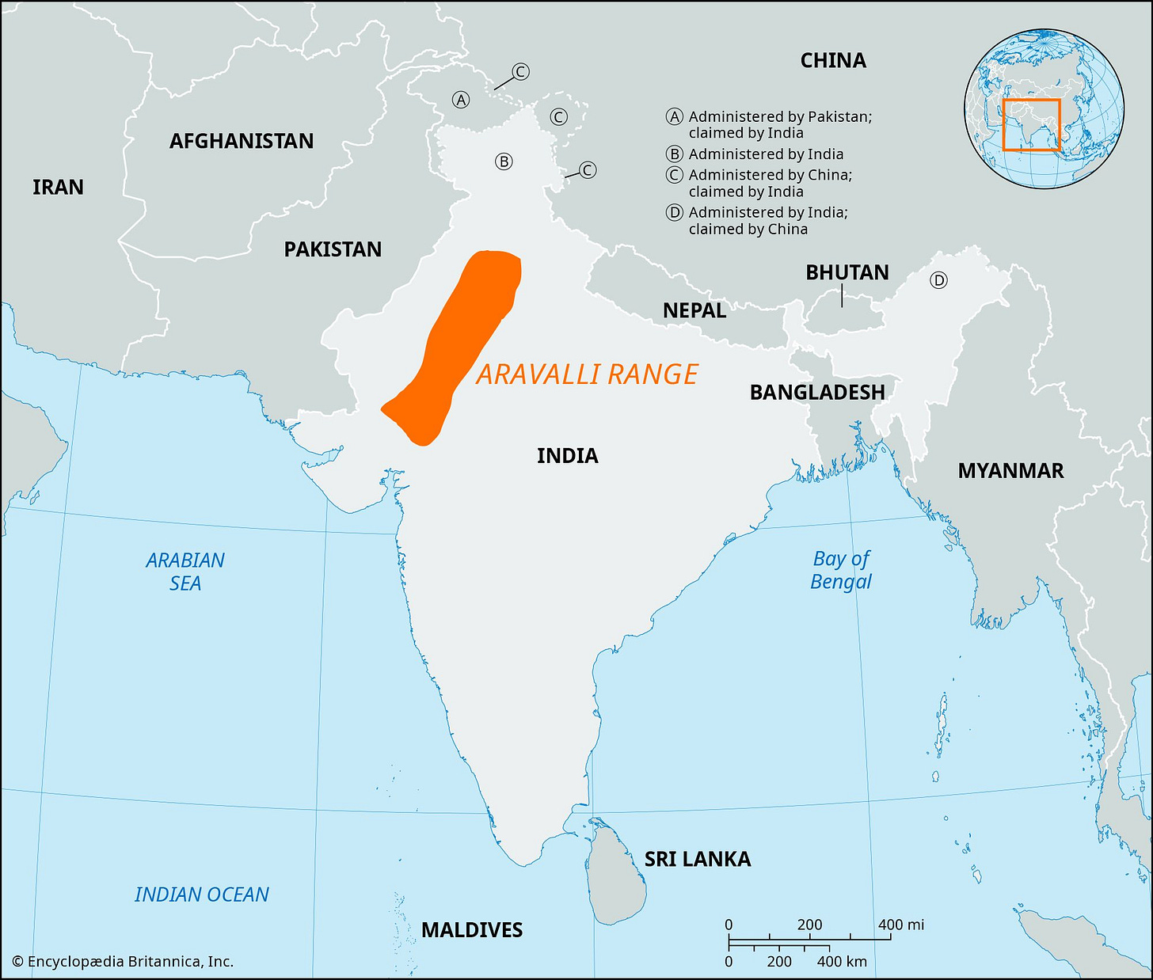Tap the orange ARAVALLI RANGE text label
(587, 374)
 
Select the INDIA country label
(567, 455)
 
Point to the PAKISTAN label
(333, 249)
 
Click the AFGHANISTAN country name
(242, 141)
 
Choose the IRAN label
(58, 187)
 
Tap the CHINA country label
(833, 60)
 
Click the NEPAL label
(694, 310)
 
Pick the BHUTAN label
(847, 272)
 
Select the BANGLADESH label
(817, 392)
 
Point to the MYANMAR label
(1010, 471)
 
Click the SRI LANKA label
(697, 859)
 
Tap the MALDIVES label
(472, 929)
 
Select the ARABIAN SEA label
(185, 572)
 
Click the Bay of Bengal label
(841, 570)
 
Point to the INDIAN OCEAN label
(202, 895)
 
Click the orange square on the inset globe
(1031, 124)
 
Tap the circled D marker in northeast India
(938, 280)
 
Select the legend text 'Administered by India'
(766, 154)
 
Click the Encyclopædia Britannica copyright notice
(123, 962)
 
